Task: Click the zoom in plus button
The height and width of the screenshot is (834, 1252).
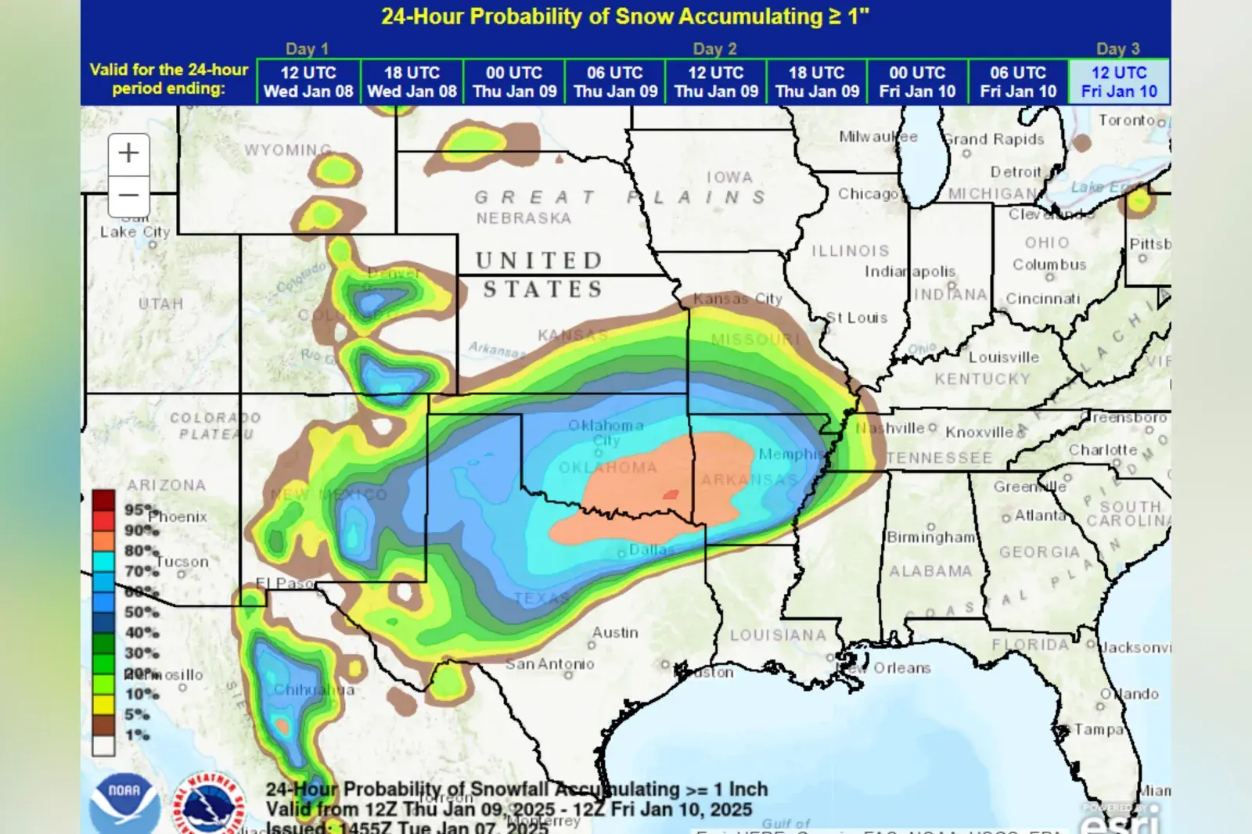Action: [128, 153]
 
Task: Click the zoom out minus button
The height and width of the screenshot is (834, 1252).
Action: [128, 195]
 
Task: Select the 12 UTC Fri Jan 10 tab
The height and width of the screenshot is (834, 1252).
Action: [1119, 82]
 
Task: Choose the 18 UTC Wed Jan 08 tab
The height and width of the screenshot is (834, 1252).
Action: [412, 82]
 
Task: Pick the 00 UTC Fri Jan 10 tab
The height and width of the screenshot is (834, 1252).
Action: [917, 82]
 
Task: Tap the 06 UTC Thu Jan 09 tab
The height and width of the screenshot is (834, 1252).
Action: [615, 82]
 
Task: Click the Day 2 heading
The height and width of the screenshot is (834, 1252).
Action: [714, 49]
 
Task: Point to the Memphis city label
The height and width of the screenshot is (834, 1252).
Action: [789, 455]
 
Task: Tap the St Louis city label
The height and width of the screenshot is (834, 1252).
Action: [857, 318]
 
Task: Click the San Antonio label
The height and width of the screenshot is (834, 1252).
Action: [549, 664]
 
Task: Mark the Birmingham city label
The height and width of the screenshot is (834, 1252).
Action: [930, 537]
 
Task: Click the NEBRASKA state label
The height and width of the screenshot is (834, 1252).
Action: [523, 218]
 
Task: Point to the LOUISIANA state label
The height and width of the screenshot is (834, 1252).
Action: [778, 635]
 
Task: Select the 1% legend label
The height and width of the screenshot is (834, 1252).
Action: [137, 735]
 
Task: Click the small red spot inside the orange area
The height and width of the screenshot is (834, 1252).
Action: [671, 494]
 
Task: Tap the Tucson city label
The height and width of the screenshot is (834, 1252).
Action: [182, 562]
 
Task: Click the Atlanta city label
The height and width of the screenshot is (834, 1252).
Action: [1039, 516]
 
